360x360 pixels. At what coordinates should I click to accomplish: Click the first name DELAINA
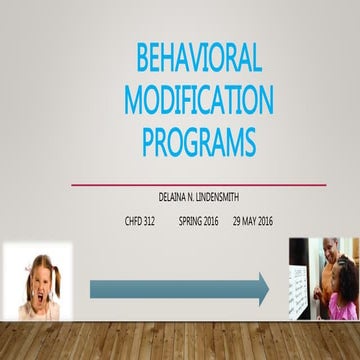click(x=162, y=199)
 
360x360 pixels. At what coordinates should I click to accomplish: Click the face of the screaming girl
click(x=37, y=276)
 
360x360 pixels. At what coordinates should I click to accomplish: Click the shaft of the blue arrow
click(x=170, y=290)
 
